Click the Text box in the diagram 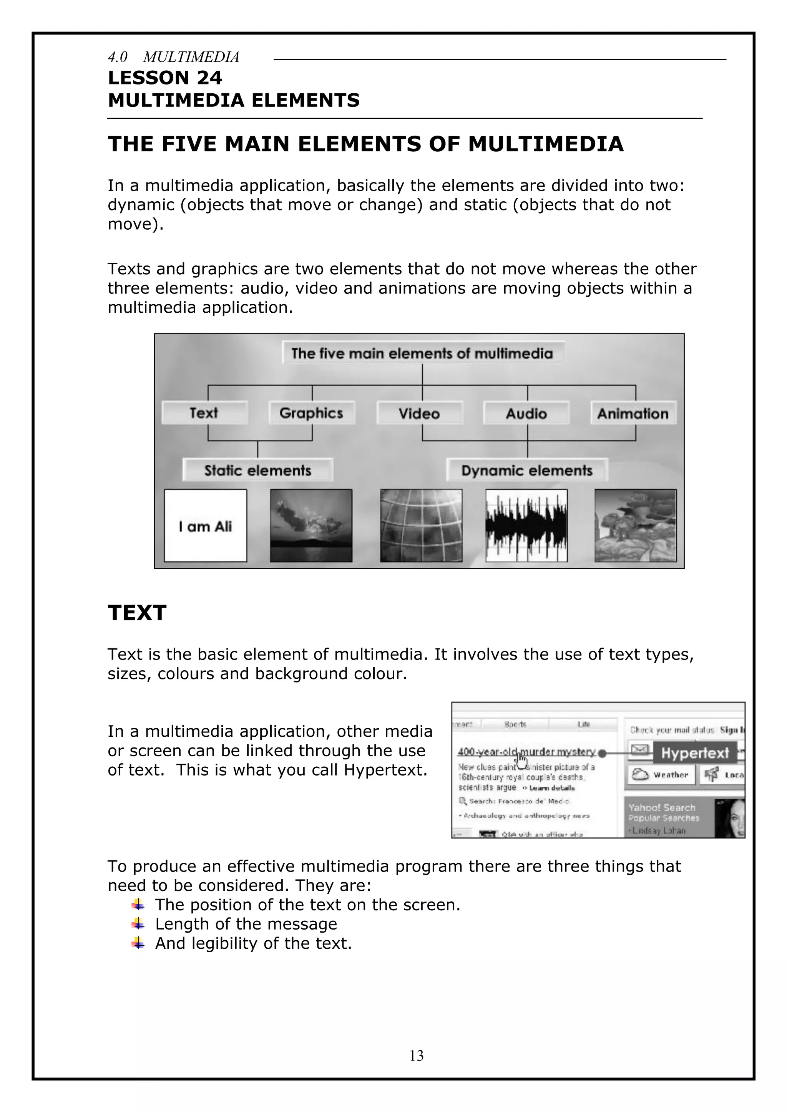coord(204,413)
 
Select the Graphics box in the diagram coord(312,413)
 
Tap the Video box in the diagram coord(420,413)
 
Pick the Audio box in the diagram coord(526,413)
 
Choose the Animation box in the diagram coord(633,413)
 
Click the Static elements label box coord(258,470)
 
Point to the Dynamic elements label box coord(527,470)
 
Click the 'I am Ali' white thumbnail coord(206,525)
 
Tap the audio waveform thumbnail coord(527,525)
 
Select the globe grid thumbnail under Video coord(421,525)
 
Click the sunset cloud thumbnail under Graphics coord(311,525)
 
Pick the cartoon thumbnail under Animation coord(635,525)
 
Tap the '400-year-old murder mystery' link coord(526,752)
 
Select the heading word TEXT coord(137,613)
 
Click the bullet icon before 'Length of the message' coord(138,924)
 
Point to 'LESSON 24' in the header coord(165,78)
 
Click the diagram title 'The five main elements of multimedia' coord(422,353)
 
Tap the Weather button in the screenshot coord(662,775)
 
